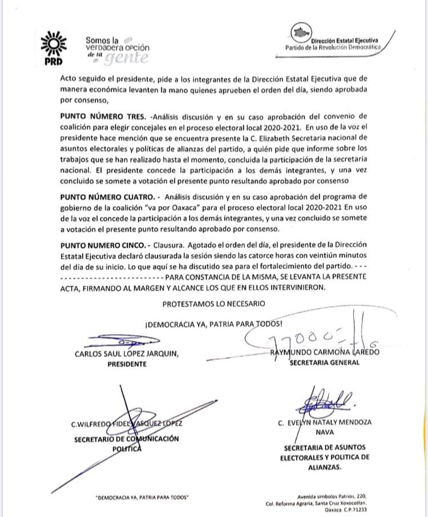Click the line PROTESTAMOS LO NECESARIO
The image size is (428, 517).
click(x=213, y=304)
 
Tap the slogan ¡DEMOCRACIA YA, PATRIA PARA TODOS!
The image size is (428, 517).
click(x=213, y=324)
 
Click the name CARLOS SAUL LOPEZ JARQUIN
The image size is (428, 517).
click(x=127, y=353)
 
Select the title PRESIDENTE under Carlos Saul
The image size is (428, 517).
click(x=127, y=363)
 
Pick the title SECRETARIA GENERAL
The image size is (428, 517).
click(x=325, y=362)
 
